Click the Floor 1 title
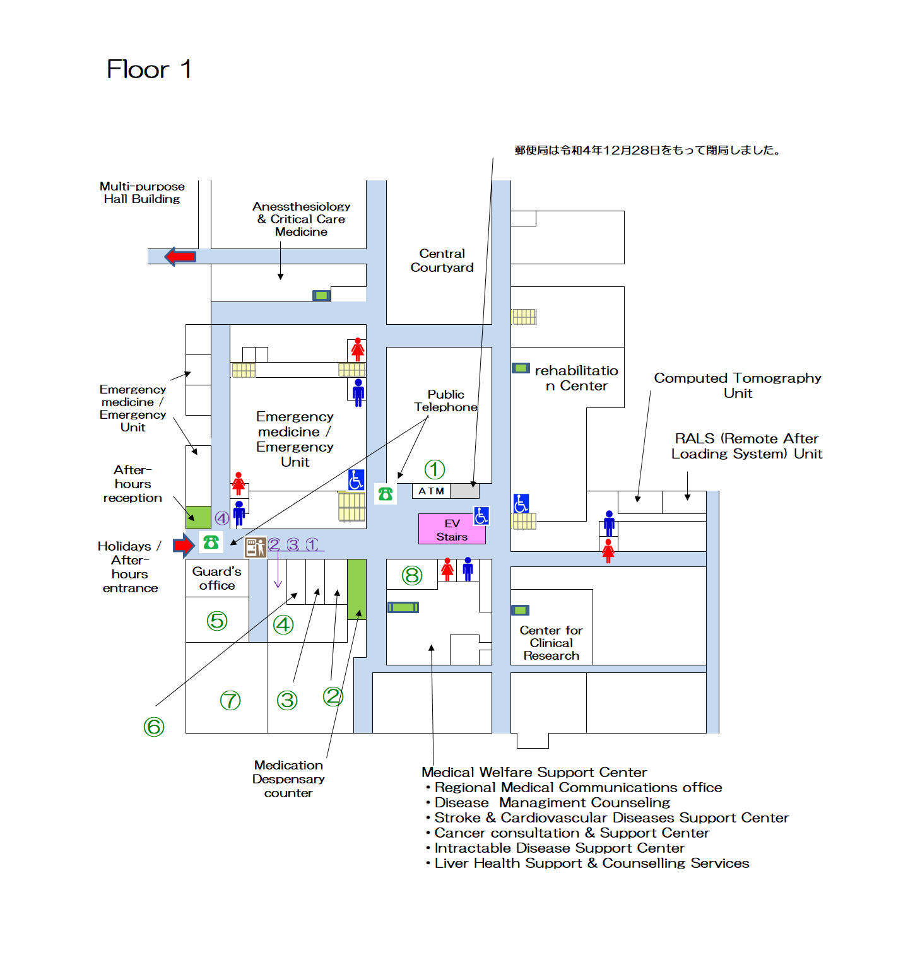click(x=149, y=69)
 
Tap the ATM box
click(x=432, y=491)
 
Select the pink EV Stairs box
click(x=452, y=530)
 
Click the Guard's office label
click(x=217, y=578)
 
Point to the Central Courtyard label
click(x=442, y=260)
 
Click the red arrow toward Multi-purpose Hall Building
click(x=180, y=257)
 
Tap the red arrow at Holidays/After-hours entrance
click(x=184, y=544)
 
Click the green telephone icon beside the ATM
click(x=386, y=494)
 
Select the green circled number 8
click(x=412, y=575)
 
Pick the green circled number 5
click(x=217, y=621)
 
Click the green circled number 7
click(x=230, y=700)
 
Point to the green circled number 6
click(x=154, y=727)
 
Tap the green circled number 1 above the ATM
click(x=435, y=469)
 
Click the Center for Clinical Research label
click(x=551, y=643)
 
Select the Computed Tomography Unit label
click(x=738, y=385)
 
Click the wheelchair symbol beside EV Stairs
click(x=481, y=516)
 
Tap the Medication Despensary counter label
click(x=288, y=779)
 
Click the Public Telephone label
click(x=445, y=401)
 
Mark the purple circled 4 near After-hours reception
click(x=222, y=518)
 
